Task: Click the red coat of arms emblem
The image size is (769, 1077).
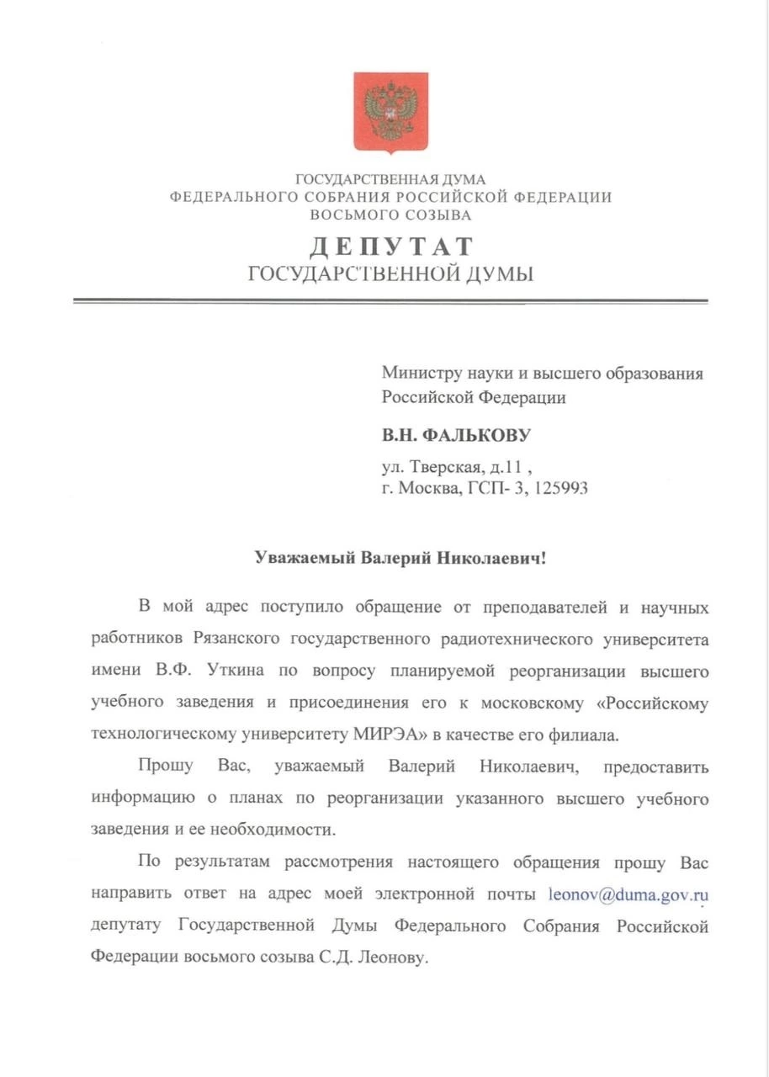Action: (390, 112)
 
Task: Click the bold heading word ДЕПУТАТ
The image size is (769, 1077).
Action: (391, 247)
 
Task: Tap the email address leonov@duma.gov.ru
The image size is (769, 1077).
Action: (628, 894)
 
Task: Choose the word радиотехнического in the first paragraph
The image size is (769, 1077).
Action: (517, 639)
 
